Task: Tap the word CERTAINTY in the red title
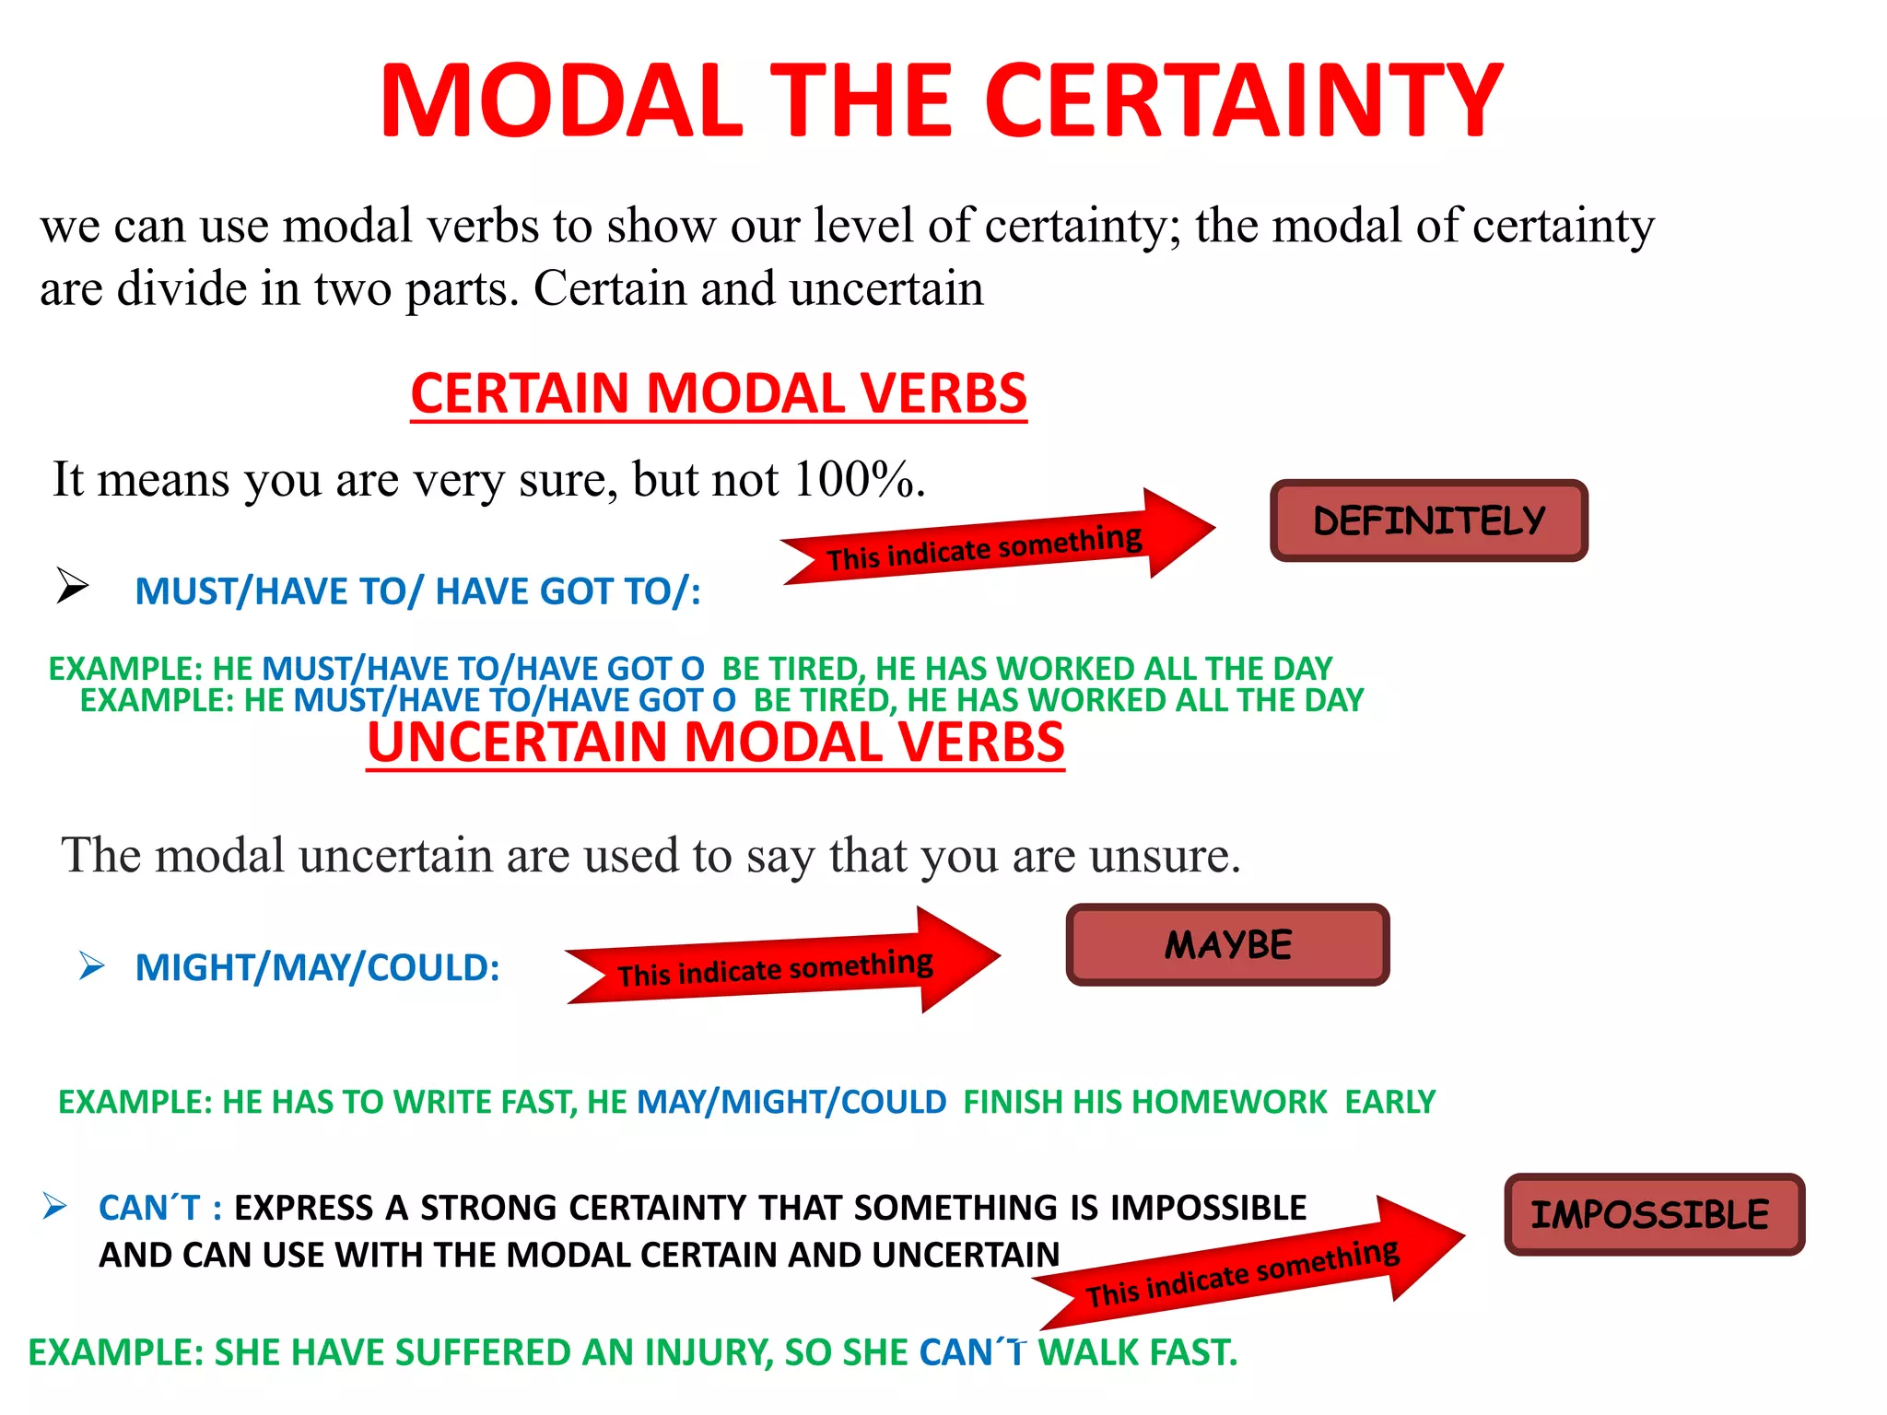tap(1244, 100)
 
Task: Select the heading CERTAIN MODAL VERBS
tap(719, 393)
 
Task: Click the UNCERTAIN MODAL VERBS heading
tap(716, 743)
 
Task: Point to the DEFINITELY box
tap(1428, 520)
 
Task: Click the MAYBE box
tap(1227, 945)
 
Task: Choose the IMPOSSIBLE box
tap(1654, 1214)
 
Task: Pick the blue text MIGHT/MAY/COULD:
tap(317, 967)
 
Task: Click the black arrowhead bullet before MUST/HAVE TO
tap(72, 585)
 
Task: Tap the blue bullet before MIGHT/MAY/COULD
tap(91, 965)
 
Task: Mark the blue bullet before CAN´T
tap(54, 1206)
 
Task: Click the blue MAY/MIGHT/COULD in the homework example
tap(791, 1102)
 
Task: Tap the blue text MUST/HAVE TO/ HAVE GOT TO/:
tap(417, 591)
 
